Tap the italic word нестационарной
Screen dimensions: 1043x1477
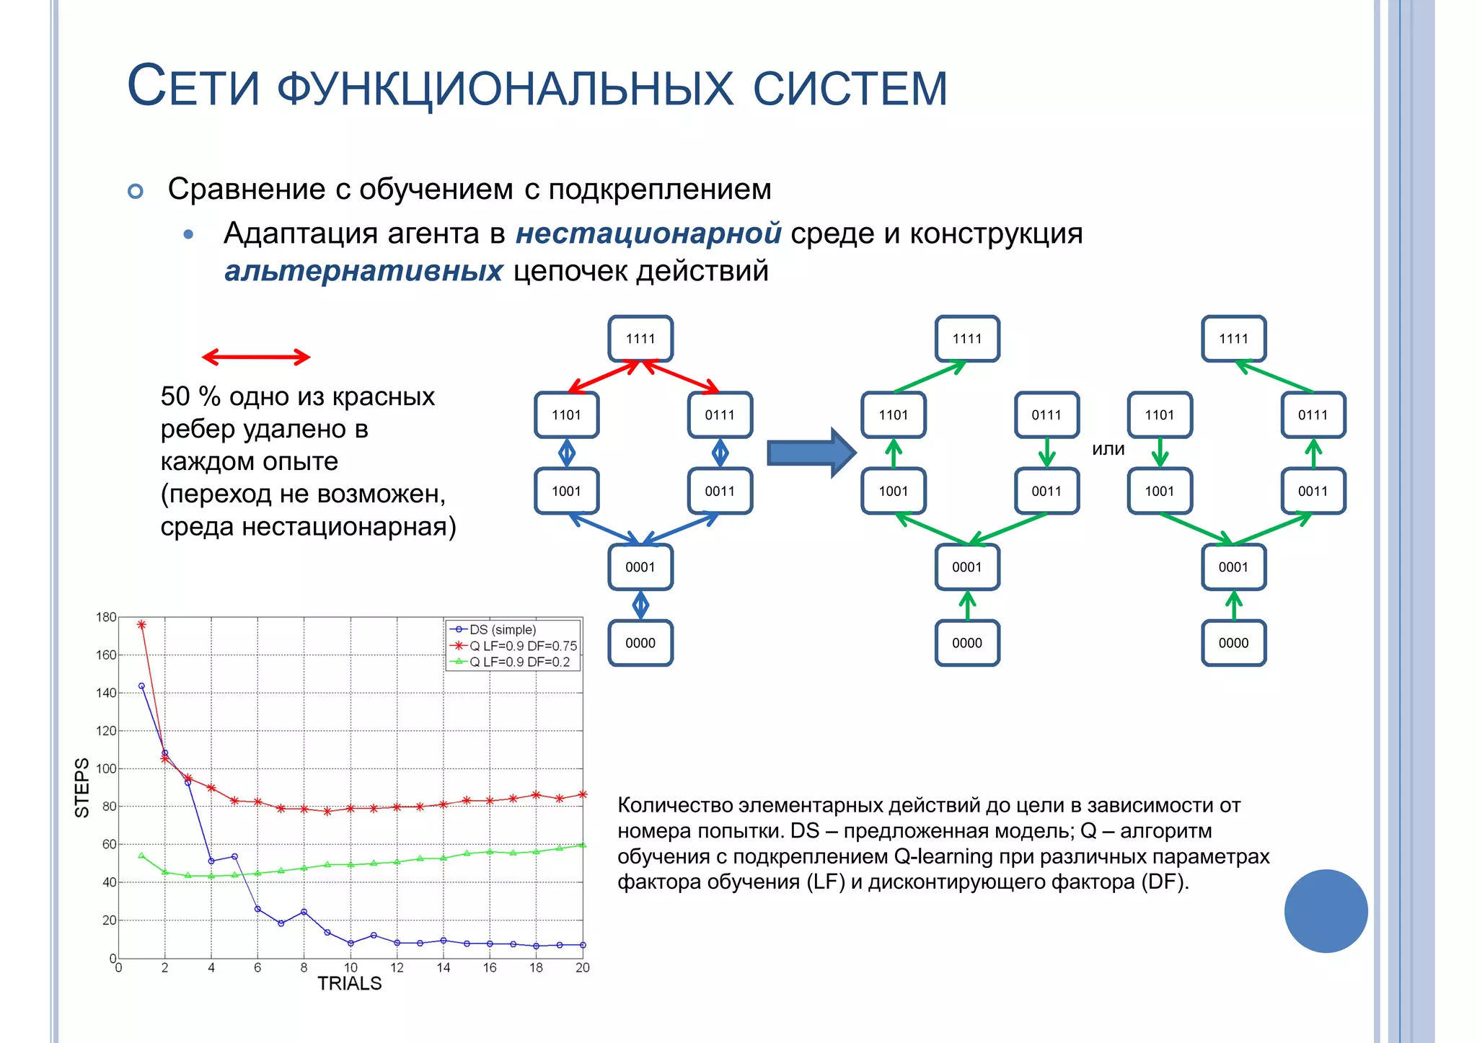pyautogui.click(x=648, y=234)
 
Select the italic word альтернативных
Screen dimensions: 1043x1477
pyautogui.click(x=363, y=272)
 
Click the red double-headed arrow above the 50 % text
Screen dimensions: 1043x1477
pyautogui.click(x=256, y=357)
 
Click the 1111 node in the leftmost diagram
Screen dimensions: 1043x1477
pyautogui.click(x=640, y=339)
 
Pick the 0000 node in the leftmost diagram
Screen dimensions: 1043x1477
pyautogui.click(x=640, y=643)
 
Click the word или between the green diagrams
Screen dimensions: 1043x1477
pyautogui.click(x=1108, y=449)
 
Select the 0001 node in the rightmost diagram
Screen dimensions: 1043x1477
pyautogui.click(x=1233, y=567)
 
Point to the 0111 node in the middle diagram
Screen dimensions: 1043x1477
pyautogui.click(x=1046, y=415)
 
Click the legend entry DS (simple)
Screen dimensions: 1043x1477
pyautogui.click(x=502, y=630)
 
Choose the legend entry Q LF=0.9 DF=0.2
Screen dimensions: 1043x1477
pyautogui.click(x=519, y=662)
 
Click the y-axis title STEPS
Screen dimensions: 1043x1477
pyautogui.click(x=82, y=787)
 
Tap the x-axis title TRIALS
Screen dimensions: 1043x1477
pyautogui.click(x=350, y=984)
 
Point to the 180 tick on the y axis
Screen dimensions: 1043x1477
pyautogui.click(x=106, y=617)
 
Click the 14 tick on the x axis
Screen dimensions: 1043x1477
pyautogui.click(x=443, y=968)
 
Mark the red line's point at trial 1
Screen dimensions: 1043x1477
pyautogui.click(x=141, y=625)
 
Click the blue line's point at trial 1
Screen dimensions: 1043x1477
pyautogui.click(x=141, y=686)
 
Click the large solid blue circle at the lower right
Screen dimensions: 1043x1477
pyautogui.click(x=1326, y=911)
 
